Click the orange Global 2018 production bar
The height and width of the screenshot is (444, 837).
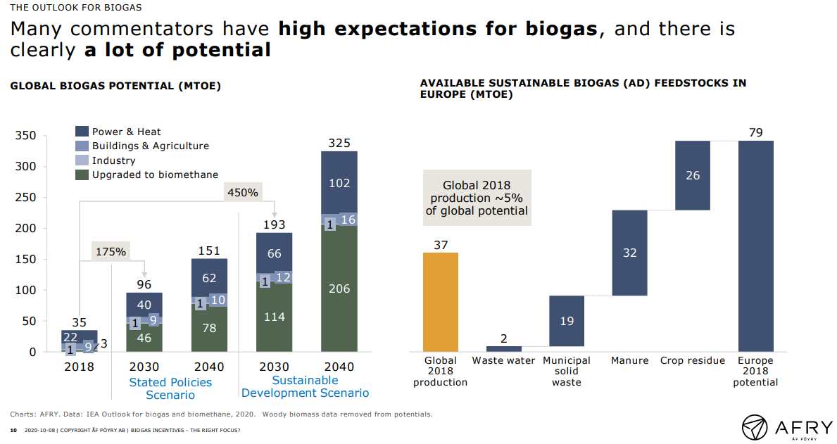440,302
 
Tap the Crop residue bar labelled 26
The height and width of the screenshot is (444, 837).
693,175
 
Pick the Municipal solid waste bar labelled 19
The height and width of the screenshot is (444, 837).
567,321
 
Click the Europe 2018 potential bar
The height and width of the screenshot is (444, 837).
756,246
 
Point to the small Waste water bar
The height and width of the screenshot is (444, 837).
503,348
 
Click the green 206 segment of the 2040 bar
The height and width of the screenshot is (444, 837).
339,288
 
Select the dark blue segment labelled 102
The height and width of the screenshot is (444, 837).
339,182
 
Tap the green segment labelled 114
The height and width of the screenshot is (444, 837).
275,317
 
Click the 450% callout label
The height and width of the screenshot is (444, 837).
241,191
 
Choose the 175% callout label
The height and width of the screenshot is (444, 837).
111,251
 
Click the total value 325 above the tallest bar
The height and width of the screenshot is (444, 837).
339,144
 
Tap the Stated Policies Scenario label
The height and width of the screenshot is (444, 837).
170,388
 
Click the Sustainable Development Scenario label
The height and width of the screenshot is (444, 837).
306,386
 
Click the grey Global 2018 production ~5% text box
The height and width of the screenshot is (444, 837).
477,198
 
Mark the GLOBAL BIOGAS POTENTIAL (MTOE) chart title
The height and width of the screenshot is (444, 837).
115,87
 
